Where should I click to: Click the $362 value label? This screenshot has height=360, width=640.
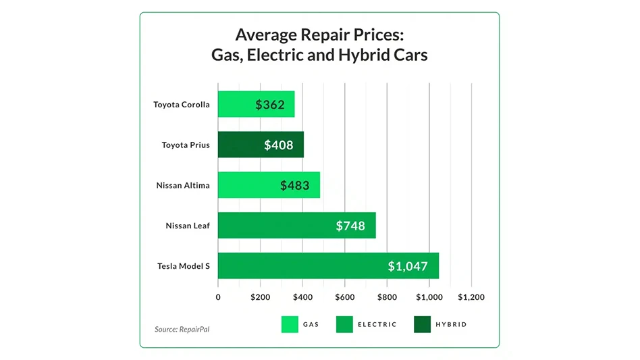pos(270,105)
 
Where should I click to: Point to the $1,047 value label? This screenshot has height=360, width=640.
pos(408,266)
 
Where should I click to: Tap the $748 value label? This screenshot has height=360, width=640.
pos(350,226)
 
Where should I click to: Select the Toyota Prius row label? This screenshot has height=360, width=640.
pos(186,145)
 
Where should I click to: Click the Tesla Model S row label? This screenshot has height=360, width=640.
pos(184,266)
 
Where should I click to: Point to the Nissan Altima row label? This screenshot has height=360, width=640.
pos(183,185)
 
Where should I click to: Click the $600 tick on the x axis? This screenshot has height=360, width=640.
pos(344,297)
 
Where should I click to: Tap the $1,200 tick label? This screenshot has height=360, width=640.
pos(471,297)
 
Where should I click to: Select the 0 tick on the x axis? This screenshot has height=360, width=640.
pos(218,297)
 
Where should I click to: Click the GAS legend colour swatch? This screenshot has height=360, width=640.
pos(290,325)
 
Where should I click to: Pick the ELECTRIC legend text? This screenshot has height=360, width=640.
pos(377,325)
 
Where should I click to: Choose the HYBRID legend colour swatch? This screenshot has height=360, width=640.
pos(422,325)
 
